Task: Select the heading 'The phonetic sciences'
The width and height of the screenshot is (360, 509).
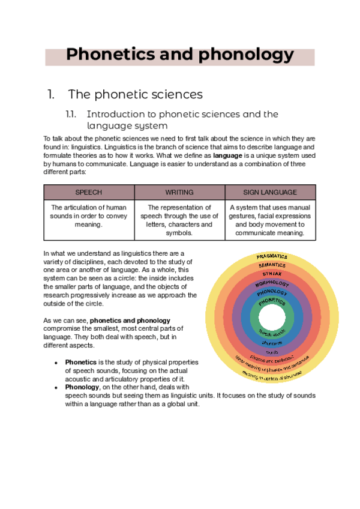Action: coord(135,94)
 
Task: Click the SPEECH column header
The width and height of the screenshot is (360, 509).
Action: coord(89,192)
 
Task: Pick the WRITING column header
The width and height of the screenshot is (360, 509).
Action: coord(179,192)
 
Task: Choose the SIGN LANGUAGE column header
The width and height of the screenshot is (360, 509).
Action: coord(270,192)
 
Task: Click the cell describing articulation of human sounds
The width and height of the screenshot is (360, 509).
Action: coord(89,215)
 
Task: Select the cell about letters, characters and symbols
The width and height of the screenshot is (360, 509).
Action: coord(179,220)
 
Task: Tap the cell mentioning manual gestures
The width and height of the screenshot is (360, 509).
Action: coord(270,220)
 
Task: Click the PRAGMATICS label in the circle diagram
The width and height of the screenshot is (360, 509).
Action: coord(272,257)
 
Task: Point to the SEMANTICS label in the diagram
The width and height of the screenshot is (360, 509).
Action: coord(272,265)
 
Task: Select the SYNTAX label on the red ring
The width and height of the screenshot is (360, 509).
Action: coord(272,274)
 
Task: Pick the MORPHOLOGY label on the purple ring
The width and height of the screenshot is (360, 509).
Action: coord(272,283)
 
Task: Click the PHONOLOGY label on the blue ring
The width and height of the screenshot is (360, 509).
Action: coord(272,293)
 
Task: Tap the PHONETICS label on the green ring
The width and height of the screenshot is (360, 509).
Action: coord(272,303)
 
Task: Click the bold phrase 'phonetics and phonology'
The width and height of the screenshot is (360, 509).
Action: coord(130,320)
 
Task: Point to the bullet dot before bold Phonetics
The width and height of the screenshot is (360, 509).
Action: coord(56,363)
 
